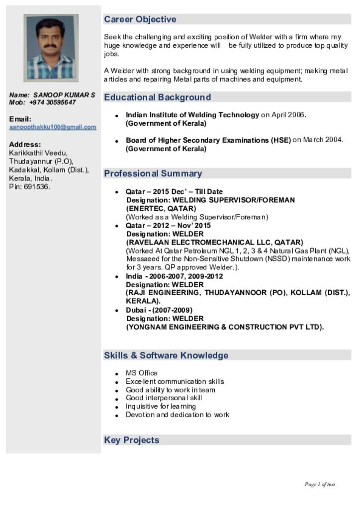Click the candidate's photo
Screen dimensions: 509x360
tap(51, 48)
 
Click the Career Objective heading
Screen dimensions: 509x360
tap(140, 19)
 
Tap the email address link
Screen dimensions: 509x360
tap(53, 127)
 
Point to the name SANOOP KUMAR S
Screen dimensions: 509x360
tap(64, 94)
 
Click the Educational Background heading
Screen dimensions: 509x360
tap(157, 97)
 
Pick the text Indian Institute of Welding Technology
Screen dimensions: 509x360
tap(192, 115)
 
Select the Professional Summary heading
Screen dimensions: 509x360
tap(153, 173)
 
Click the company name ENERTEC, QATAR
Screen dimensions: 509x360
tap(161, 208)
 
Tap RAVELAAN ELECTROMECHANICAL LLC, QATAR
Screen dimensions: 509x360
tap(215, 243)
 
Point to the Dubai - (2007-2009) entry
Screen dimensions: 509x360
tap(159, 310)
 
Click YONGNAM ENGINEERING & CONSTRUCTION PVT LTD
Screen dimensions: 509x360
tap(225, 327)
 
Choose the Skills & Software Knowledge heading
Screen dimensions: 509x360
tap(166, 355)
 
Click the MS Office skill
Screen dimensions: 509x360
tap(141, 373)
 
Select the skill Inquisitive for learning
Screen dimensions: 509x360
tap(161, 406)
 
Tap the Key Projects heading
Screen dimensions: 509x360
tap(131, 440)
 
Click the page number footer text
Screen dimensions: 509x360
tap(319, 484)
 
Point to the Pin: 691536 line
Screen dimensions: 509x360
tap(29, 187)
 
